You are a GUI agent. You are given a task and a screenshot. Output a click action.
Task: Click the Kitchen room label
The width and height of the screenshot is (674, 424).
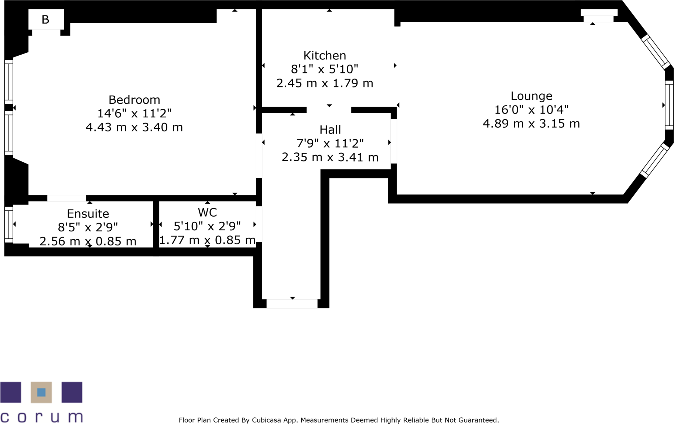coord(325,56)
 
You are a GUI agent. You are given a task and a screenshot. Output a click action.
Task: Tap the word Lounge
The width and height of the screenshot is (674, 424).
coord(531,96)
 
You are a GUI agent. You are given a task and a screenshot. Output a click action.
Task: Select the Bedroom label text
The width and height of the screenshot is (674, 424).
coord(134,100)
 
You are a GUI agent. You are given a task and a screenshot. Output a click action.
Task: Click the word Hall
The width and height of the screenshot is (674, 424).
coord(330,130)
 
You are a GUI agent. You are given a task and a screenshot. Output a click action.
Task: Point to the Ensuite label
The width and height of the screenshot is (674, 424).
coord(88,214)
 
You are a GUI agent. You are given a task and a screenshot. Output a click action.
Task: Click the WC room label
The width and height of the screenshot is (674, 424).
coord(207,213)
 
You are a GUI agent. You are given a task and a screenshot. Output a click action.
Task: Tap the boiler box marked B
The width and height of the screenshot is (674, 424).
coord(46,20)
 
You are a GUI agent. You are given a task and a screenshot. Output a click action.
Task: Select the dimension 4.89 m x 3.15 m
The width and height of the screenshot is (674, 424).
coord(531,124)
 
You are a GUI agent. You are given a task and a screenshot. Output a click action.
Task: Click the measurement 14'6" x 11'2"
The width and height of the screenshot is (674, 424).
coord(134,113)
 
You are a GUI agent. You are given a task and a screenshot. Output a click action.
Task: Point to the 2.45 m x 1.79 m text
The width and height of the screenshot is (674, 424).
coord(325,83)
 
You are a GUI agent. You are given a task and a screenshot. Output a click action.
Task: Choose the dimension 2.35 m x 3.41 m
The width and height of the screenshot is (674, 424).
coord(330,158)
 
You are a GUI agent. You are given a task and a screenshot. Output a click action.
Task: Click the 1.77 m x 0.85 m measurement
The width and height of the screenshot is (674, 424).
coord(207,240)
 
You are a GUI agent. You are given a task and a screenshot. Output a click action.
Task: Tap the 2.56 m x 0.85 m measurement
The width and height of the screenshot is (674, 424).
coord(88,241)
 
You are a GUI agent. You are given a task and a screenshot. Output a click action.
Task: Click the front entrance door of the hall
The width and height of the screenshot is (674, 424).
coord(292,304)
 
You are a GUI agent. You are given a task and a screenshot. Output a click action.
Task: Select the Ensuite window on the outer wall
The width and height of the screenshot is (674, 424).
coord(8,224)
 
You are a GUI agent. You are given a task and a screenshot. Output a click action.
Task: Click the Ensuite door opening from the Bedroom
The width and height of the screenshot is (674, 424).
coord(66,199)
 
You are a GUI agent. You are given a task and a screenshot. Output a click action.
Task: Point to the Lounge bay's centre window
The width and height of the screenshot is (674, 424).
coord(669,105)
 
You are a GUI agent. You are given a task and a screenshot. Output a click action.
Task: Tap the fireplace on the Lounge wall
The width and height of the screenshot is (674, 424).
coord(599,15)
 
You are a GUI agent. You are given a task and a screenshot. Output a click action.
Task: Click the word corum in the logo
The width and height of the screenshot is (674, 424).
coord(41,417)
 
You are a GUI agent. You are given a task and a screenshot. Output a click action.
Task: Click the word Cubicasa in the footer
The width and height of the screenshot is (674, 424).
coord(266,420)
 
